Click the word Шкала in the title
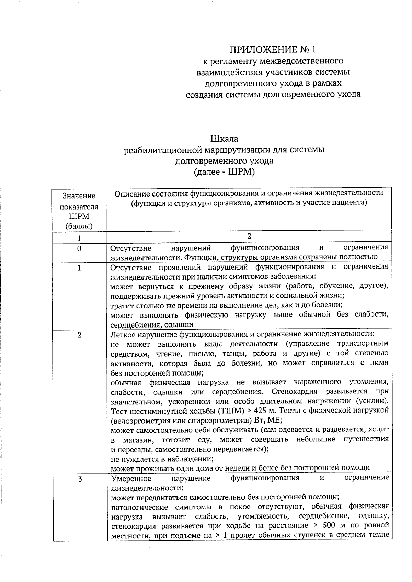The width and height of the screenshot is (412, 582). (224, 139)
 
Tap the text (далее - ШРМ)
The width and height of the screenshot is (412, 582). (224, 171)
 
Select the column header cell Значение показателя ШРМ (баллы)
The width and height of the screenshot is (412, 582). (79, 211)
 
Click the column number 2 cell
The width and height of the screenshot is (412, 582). (249, 236)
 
